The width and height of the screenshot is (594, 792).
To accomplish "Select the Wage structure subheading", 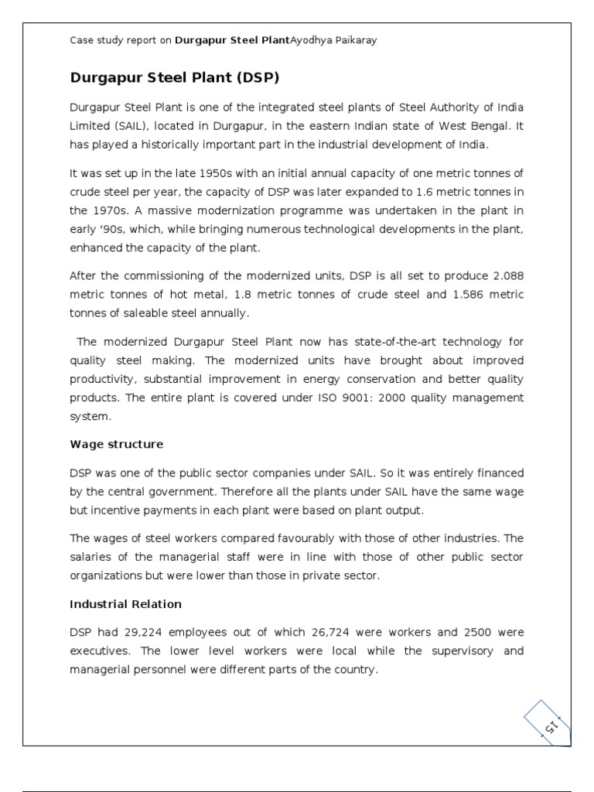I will point(116,444).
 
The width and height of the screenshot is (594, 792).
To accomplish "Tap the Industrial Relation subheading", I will point(125,603).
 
